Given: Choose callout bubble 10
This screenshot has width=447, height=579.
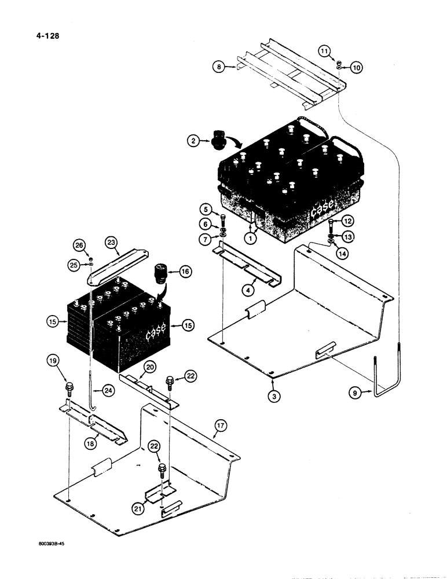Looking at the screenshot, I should click(x=356, y=68).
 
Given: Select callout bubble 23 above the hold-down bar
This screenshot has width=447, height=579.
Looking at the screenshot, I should click(x=112, y=244).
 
